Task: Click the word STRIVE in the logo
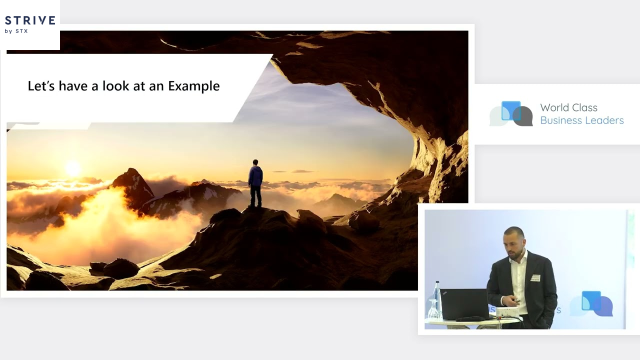tap(30, 20)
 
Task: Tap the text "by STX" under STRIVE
tap(16, 31)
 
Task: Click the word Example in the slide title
tap(193, 86)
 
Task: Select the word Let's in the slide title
tap(41, 86)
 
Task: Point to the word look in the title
tap(115, 86)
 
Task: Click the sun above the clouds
tap(73, 168)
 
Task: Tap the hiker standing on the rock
tap(255, 183)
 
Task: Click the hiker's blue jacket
tap(255, 176)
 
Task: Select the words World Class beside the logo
tap(568, 107)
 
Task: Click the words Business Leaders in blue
tap(581, 120)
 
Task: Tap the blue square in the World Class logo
tap(511, 110)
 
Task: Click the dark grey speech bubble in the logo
tap(523, 116)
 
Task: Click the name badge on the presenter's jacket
tap(535, 277)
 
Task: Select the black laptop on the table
tap(465, 304)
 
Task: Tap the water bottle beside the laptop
tap(437, 297)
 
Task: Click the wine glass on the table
tap(433, 309)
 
